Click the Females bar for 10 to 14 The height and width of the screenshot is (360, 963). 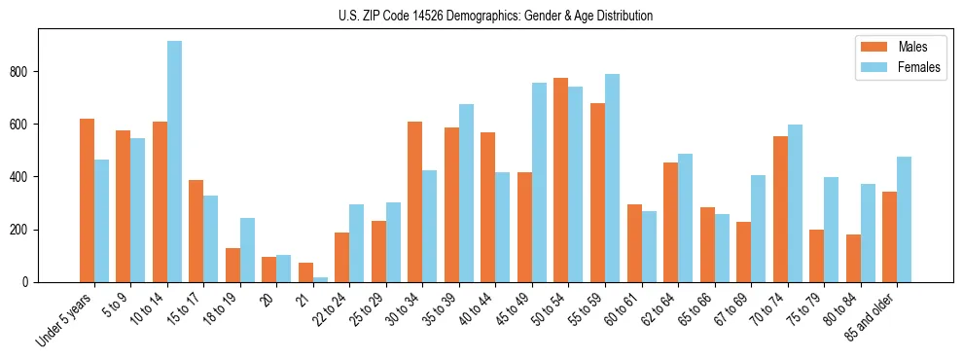coord(174,162)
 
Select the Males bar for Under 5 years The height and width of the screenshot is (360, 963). coord(87,200)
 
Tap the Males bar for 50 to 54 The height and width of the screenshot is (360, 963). coord(561,180)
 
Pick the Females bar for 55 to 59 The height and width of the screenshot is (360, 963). coord(612,178)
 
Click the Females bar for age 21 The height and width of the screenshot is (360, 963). coord(320,279)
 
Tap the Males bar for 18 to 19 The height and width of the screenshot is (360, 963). coord(232,265)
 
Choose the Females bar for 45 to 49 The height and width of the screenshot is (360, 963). coord(539,182)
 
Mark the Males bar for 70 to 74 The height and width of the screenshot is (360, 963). coord(780,209)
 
